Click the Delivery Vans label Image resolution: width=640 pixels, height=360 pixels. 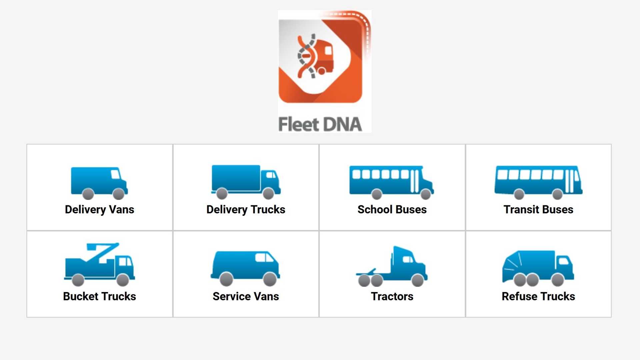pos(99,210)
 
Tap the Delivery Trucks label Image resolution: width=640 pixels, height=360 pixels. pos(246,210)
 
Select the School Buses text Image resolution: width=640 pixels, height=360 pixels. pos(392,209)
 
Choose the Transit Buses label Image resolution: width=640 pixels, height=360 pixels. pos(538,209)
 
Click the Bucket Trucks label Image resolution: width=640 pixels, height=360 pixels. pos(99,296)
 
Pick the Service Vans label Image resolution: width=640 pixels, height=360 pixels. pos(246,296)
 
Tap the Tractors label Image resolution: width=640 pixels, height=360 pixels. pos(392,296)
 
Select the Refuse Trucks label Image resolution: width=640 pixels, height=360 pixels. pos(538,296)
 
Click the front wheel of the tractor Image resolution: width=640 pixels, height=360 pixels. pos(418,280)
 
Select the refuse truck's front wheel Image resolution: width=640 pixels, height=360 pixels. pos(558,280)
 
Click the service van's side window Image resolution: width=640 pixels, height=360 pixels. pos(264,258)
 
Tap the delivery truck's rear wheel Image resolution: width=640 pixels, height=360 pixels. pos(222,193)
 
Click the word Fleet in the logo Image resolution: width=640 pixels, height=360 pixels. pos(299,124)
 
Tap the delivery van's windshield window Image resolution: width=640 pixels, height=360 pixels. pos(115,174)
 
